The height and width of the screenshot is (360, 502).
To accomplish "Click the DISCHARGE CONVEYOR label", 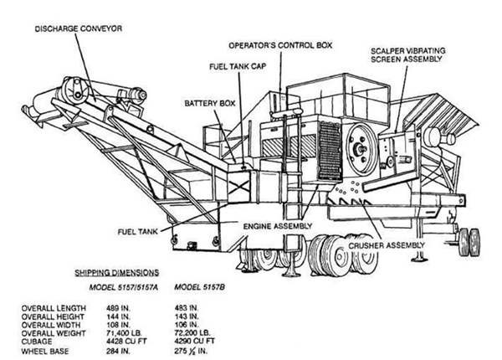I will point(79,28).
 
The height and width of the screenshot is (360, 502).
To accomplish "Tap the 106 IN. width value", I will point(188,324).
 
